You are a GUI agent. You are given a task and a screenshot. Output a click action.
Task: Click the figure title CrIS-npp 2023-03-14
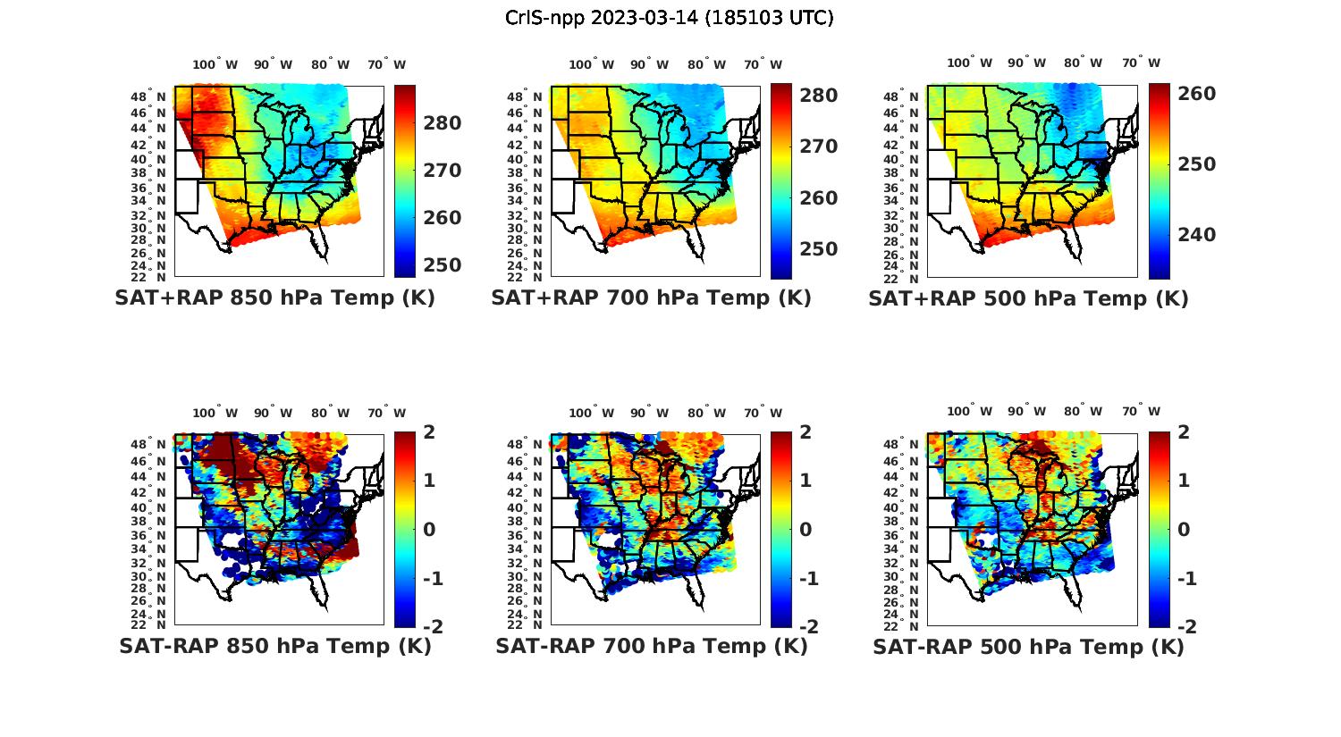[x=670, y=18]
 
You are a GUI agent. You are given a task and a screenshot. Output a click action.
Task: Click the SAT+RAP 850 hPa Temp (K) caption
[x=274, y=298]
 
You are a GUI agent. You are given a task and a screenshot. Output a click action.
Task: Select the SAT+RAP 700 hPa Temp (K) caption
[x=651, y=298]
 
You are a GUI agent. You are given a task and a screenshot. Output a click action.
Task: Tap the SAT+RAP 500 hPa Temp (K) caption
[x=1028, y=298]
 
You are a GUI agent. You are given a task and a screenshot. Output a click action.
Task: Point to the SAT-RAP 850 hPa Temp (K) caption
[x=274, y=646]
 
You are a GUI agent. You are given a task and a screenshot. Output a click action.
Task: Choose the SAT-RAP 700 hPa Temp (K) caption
[x=651, y=646]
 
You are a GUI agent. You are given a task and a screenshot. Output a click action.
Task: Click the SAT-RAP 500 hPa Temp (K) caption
[x=1028, y=646]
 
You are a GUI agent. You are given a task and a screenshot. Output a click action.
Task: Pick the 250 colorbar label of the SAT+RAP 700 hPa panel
[x=817, y=249]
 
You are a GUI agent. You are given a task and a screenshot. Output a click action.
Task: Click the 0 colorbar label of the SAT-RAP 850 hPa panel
[x=429, y=529]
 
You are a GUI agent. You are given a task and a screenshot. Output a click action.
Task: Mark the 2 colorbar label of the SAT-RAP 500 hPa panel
[x=1183, y=432]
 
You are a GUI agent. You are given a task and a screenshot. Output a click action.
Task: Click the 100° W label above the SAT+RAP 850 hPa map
[x=215, y=64]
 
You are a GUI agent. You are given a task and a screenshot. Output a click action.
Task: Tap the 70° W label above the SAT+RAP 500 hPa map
[x=1141, y=63]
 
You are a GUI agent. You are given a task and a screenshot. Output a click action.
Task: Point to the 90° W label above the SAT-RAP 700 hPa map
[x=649, y=413]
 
